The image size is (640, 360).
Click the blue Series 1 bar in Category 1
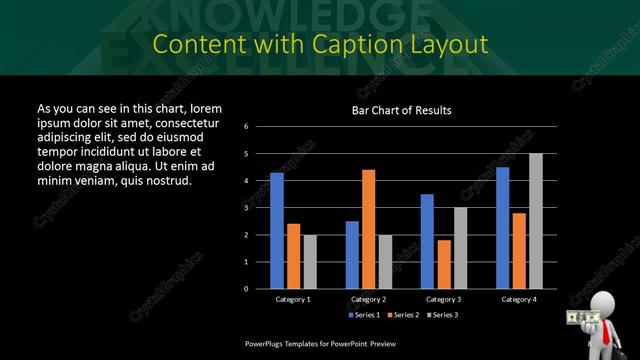click(277, 230)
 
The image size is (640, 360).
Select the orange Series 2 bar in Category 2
click(368, 228)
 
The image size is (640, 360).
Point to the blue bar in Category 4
click(502, 227)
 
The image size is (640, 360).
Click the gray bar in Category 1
click(309, 261)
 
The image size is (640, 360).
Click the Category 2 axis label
click(368, 299)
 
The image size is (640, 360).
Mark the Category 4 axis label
click(518, 299)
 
